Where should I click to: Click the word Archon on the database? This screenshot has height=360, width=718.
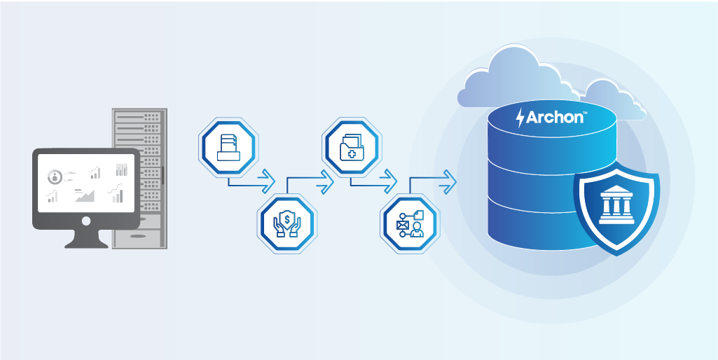(554, 117)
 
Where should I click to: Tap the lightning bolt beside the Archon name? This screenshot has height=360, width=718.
(520, 118)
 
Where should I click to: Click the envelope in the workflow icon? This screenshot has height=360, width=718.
(402, 225)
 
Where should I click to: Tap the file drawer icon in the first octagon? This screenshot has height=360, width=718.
(228, 148)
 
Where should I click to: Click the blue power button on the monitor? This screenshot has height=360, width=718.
(86, 221)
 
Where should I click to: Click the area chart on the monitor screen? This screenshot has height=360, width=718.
(84, 195)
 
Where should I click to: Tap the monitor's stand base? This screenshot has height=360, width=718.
(86, 243)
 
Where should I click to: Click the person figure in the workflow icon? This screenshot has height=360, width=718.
(417, 228)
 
